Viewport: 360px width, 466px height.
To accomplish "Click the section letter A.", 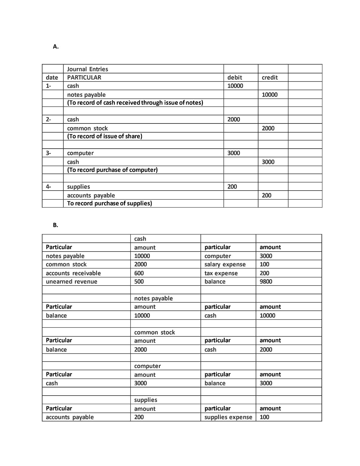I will pyautogui.click(x=56, y=46).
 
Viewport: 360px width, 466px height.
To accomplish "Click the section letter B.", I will pyautogui.click(x=55, y=225).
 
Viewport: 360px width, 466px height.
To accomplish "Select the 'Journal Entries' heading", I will pyautogui.click(x=87, y=69).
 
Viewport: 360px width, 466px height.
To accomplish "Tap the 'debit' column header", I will pyautogui.click(x=234, y=77).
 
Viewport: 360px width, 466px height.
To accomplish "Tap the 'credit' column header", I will pyautogui.click(x=270, y=77).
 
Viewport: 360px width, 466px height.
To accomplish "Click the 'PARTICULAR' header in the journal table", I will pyautogui.click(x=84, y=77).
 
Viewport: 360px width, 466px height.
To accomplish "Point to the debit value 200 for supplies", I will pyautogui.click(x=232, y=187).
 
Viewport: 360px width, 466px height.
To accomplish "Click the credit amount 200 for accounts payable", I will pyautogui.click(x=266, y=195).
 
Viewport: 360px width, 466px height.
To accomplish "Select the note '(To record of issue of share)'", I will pyautogui.click(x=105, y=136).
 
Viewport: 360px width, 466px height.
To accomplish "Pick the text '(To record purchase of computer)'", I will pyautogui.click(x=112, y=170).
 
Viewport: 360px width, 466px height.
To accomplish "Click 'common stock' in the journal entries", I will pyautogui.click(x=87, y=128).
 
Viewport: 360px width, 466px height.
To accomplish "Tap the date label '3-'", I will pyautogui.click(x=49, y=153).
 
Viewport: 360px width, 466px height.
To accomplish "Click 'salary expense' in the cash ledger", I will pyautogui.click(x=225, y=264).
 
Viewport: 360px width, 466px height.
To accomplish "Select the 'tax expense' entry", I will pyautogui.click(x=221, y=273).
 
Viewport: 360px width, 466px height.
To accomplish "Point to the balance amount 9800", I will pyautogui.click(x=266, y=282).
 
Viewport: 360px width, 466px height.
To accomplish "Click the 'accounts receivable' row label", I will pyautogui.click(x=73, y=273).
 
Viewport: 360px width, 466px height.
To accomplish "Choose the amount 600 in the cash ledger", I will pyautogui.click(x=139, y=273).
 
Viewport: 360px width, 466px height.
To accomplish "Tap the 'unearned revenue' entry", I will pyautogui.click(x=72, y=282).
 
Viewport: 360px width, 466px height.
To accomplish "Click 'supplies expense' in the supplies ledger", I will pyautogui.click(x=228, y=417).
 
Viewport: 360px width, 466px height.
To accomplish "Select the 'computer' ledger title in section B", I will pyautogui.click(x=147, y=366).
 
